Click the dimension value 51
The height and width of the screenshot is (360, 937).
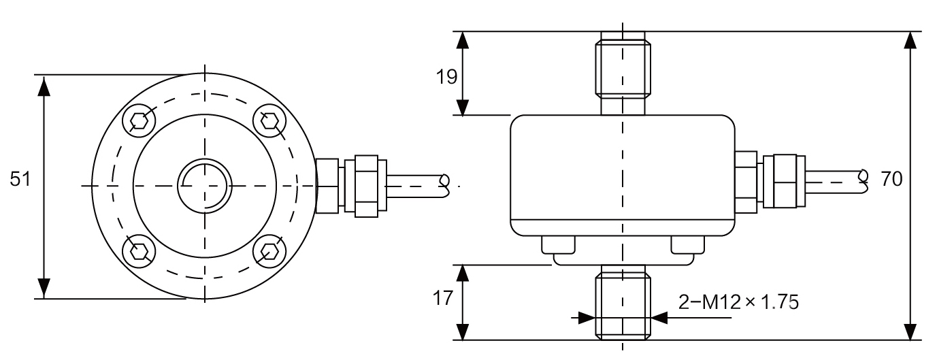pos(21,179)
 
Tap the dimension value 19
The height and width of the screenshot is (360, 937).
pos(447,76)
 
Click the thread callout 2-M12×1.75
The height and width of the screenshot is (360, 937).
pos(738,300)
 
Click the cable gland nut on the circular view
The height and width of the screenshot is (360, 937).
pos(366,185)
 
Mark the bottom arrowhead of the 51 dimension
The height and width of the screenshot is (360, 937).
pos(44,289)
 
